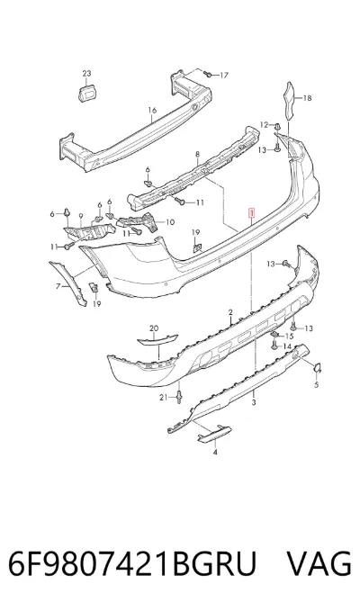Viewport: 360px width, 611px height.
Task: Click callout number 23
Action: (x=86, y=73)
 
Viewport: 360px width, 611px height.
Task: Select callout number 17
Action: (x=224, y=76)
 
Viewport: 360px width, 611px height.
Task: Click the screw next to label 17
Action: (x=208, y=74)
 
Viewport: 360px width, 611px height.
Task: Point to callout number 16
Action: (x=152, y=111)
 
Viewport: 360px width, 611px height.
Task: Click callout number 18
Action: (x=308, y=98)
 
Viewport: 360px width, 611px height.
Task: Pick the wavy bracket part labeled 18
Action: (x=289, y=100)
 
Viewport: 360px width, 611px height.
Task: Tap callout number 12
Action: (x=265, y=125)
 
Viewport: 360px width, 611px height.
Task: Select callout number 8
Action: (x=197, y=154)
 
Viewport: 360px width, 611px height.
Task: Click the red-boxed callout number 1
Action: (x=252, y=213)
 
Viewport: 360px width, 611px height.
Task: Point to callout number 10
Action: (x=170, y=222)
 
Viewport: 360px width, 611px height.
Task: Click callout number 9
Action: (x=81, y=215)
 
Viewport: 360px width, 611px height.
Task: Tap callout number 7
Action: (x=58, y=286)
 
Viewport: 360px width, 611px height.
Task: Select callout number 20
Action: (x=154, y=328)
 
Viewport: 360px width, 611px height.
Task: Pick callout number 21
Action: (x=163, y=397)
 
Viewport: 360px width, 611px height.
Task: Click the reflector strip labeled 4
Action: (x=215, y=434)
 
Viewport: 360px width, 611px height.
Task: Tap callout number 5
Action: (x=317, y=385)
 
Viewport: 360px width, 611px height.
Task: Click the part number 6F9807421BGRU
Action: (x=132, y=563)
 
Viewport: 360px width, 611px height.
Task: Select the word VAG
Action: (x=319, y=563)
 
